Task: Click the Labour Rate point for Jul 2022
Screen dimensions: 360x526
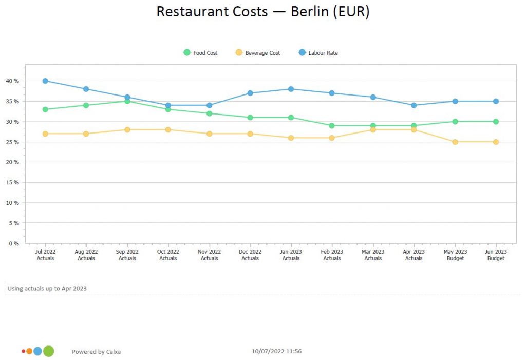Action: coord(45,81)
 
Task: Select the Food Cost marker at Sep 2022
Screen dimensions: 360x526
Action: coord(127,101)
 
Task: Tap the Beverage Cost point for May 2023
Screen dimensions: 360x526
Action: coord(455,142)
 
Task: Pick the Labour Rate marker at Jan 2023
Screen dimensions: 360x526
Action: coord(291,89)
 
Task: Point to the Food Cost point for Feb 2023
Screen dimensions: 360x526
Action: coord(332,125)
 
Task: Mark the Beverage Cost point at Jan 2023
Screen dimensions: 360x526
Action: coord(291,138)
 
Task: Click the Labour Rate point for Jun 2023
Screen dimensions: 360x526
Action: coord(496,101)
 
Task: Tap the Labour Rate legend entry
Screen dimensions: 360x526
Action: coord(318,53)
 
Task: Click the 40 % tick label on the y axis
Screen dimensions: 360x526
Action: coord(12,81)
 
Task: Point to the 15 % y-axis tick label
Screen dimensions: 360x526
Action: coord(12,182)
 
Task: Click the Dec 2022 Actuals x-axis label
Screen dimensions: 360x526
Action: coord(250,255)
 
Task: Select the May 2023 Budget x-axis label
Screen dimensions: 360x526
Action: coord(455,255)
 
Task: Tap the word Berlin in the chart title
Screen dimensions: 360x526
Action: coord(310,12)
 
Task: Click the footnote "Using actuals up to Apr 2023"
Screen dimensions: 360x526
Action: coord(47,288)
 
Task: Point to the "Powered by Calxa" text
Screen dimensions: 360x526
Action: coord(96,352)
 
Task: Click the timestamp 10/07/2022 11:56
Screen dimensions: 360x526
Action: coord(276,352)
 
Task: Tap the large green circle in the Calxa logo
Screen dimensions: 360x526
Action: coord(48,351)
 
